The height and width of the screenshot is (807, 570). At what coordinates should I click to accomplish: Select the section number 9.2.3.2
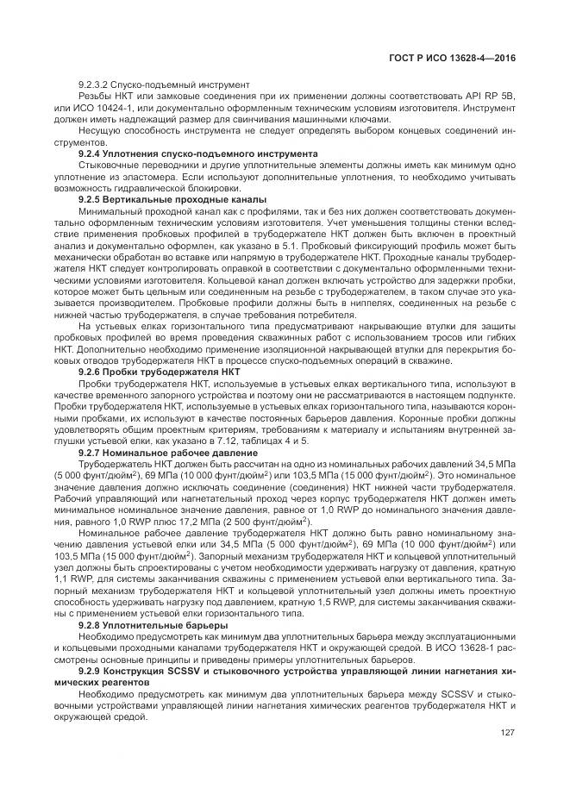[x=97, y=84]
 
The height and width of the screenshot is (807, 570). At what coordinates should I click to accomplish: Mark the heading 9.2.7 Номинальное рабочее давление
[x=167, y=453]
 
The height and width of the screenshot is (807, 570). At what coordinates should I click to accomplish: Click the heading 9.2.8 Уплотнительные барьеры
[x=153, y=624]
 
